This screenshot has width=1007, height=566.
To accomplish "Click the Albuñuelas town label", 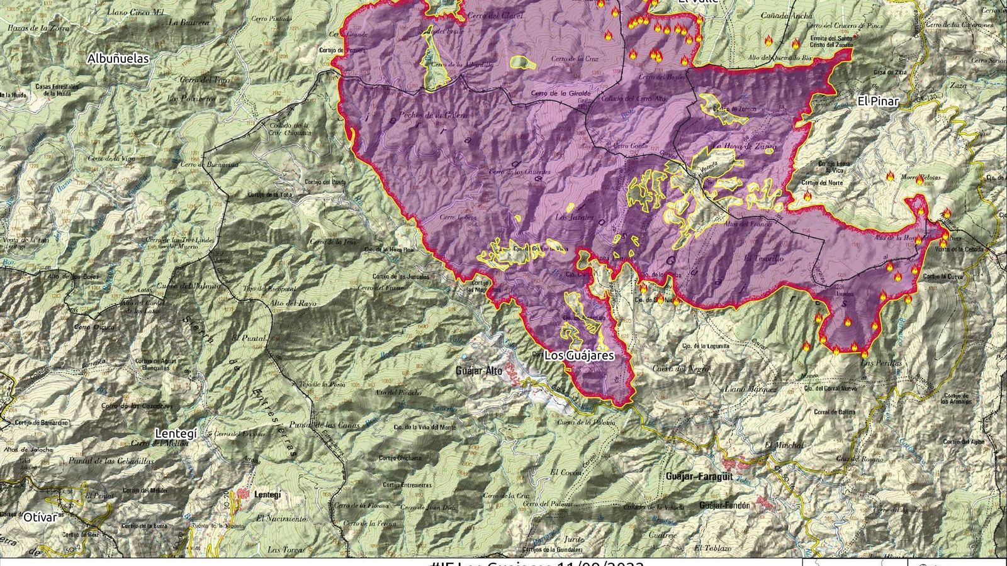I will [118, 58].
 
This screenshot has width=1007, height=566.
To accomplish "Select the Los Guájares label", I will [578, 355].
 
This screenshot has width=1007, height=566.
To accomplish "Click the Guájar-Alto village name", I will [478, 371].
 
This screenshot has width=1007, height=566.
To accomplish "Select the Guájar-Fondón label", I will [724, 506].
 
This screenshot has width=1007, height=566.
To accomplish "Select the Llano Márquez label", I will [751, 389].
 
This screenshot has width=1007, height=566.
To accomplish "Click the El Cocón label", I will [563, 472].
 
